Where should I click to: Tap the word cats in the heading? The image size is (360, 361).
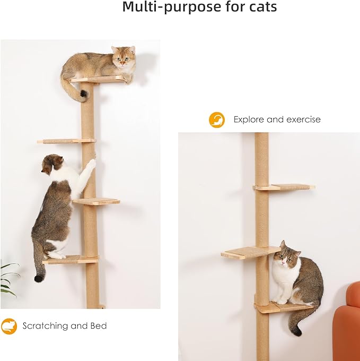click(x=258, y=7)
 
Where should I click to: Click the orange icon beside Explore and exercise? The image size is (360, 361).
click(x=217, y=119)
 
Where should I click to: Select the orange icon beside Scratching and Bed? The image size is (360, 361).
click(x=8, y=326)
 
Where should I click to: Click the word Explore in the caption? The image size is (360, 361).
click(x=252, y=119)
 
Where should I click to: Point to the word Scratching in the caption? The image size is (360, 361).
click(x=45, y=326)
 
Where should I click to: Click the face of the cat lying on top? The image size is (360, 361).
click(x=122, y=58)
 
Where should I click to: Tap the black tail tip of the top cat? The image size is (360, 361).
click(x=83, y=96)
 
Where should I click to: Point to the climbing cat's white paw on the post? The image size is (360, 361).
click(x=91, y=165)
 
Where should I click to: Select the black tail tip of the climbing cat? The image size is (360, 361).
click(x=39, y=278)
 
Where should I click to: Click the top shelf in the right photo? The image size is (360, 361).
click(x=284, y=187)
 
